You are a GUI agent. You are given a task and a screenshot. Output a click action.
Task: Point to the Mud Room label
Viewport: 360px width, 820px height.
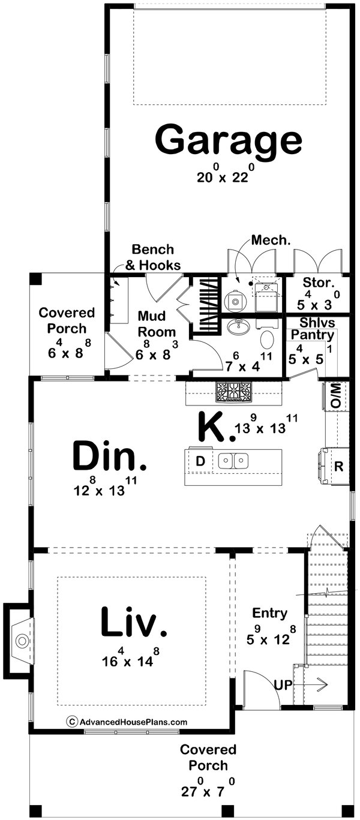coord(157,323)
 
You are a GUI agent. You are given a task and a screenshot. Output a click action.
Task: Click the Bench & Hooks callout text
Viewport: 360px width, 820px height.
coord(152,257)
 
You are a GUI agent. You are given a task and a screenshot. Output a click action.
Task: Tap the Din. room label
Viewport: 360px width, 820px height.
coord(109,457)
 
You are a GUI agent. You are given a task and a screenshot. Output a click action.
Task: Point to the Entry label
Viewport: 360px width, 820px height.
coord(269,613)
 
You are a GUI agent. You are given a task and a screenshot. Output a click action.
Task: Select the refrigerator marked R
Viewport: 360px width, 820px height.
coord(338,465)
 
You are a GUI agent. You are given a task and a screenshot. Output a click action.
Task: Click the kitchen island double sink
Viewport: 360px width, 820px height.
coord(233,461)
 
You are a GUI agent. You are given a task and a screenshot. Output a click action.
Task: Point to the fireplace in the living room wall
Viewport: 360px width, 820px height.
coord(20,641)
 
